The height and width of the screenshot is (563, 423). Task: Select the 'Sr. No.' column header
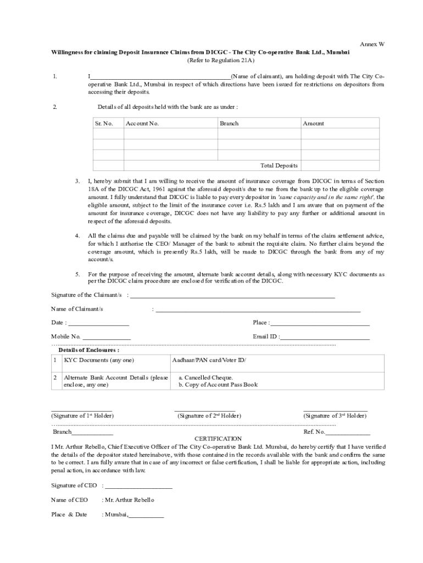(104, 124)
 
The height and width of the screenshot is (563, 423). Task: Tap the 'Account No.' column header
(142, 124)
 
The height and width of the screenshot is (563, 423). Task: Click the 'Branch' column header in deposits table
(229, 124)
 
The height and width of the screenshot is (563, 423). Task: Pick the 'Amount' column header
(313, 124)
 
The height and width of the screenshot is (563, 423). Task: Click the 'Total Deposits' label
(279, 165)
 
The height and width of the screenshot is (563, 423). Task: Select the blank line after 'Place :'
(320, 324)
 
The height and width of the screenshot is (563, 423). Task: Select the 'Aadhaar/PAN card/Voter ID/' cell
(209, 361)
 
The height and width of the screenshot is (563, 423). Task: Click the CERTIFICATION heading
(218, 439)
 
